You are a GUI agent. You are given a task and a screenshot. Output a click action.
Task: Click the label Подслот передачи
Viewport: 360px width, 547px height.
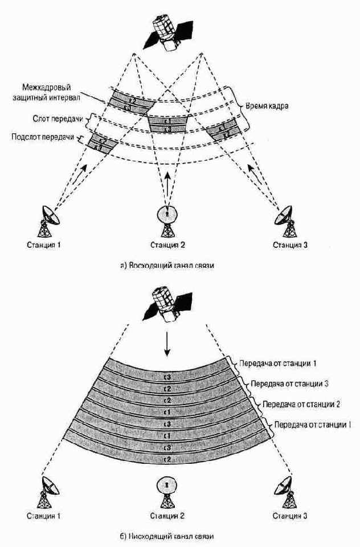click(x=44, y=138)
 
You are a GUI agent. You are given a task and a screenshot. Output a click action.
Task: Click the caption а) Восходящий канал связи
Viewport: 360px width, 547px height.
click(x=167, y=266)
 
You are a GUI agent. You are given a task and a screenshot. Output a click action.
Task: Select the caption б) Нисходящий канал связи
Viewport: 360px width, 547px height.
click(x=167, y=536)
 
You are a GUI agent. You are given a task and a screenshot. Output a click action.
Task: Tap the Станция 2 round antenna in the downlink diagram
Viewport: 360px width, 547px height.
click(x=166, y=490)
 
